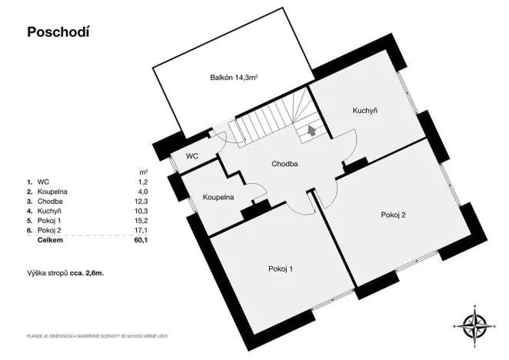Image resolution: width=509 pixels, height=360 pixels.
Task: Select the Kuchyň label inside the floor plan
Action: click(364, 111)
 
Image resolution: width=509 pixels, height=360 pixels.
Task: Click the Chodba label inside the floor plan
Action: click(284, 164)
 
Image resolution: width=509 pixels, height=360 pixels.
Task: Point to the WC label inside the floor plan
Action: click(192, 155)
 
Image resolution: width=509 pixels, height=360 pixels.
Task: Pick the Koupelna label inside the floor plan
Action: click(218, 198)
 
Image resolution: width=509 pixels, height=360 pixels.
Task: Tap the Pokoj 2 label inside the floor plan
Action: click(393, 215)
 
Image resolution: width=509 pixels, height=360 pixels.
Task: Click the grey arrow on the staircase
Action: click(311, 131)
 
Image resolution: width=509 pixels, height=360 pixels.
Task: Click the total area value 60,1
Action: click(141, 240)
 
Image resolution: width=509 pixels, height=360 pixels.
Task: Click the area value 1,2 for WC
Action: click(142, 180)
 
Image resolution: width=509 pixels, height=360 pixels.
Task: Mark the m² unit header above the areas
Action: click(143, 171)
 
